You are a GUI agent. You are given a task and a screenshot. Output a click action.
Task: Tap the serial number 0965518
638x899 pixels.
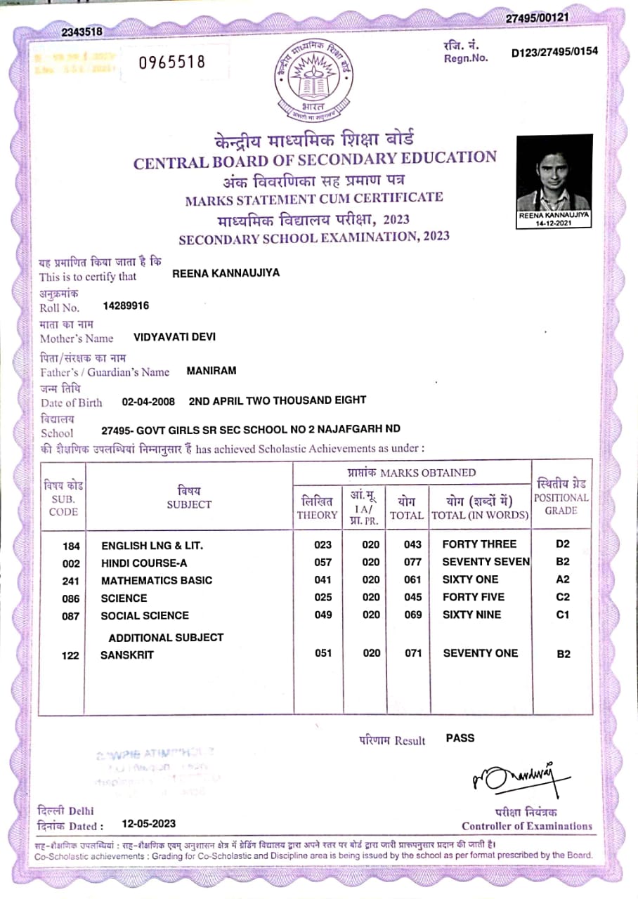pos(171,62)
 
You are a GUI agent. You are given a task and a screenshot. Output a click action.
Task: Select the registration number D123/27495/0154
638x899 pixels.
pos(554,52)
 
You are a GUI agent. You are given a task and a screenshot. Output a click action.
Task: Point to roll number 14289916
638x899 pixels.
pos(126,306)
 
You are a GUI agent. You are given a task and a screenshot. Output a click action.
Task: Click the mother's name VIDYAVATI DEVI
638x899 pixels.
pos(174,336)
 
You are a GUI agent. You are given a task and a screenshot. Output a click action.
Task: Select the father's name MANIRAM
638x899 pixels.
pos(211,370)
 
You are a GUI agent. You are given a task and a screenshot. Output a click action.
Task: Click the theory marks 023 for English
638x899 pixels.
pos(323,544)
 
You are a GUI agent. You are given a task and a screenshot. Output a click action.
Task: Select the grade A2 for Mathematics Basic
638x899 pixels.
pos(563,579)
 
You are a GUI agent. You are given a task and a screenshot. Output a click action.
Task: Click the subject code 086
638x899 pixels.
pos(72,598)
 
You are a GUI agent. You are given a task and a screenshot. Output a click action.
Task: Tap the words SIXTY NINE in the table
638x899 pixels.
pos(471,615)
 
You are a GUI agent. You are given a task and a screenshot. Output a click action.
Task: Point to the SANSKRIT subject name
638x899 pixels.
pos(127,655)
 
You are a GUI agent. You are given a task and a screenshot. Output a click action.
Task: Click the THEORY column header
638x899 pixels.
pos(317,508)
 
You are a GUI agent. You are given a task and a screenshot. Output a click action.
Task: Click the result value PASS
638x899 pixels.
pos(460,738)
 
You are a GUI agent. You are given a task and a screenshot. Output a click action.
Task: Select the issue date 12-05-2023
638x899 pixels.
pos(148,824)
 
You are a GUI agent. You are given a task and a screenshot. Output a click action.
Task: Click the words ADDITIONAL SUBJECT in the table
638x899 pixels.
pos(166,638)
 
